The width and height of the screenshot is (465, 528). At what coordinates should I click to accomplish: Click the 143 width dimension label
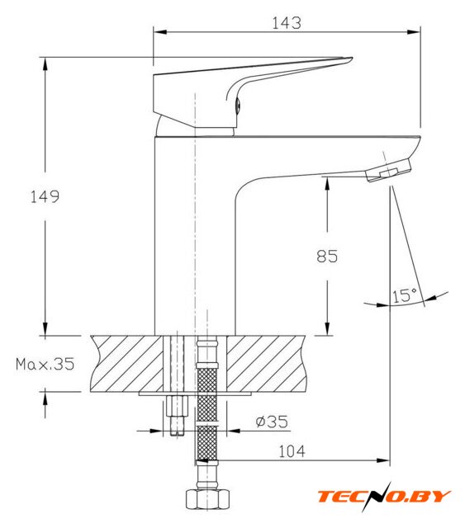click(x=287, y=23)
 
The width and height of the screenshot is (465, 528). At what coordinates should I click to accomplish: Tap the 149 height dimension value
click(x=45, y=196)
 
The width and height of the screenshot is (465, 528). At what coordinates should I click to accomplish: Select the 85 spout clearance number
click(x=327, y=256)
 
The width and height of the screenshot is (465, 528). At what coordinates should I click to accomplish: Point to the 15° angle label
click(x=404, y=295)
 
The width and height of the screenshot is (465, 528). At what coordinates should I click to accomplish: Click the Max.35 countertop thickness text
click(x=45, y=364)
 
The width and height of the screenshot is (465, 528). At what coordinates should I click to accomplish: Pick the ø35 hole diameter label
click(x=272, y=422)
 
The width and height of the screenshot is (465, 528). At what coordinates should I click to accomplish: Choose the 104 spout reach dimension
click(x=292, y=451)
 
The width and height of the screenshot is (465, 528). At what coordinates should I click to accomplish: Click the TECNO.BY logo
click(x=384, y=497)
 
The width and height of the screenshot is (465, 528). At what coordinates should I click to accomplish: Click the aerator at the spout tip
click(x=389, y=170)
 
